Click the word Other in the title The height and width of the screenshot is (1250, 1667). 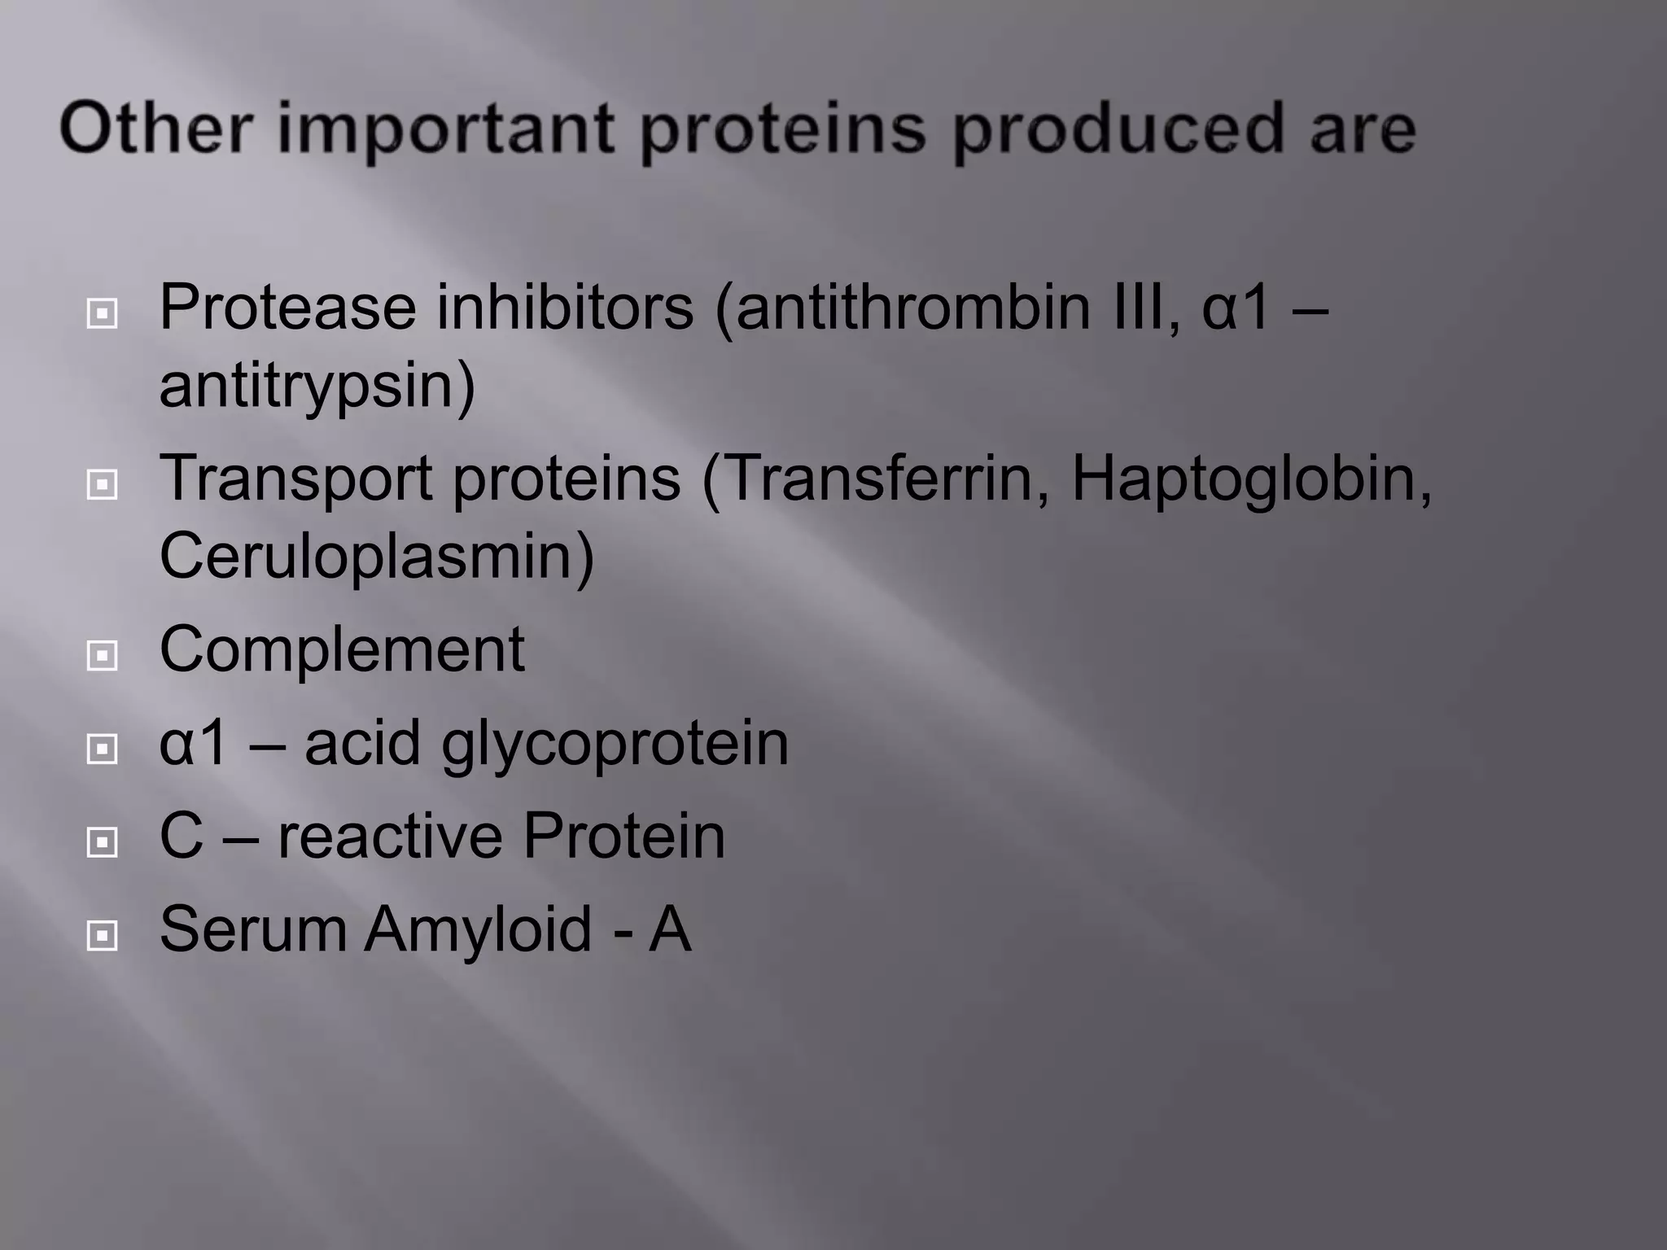pyautogui.click(x=155, y=128)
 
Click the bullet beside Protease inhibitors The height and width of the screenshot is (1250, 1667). pyautogui.click(x=102, y=312)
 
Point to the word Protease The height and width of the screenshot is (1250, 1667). pyautogui.click(x=287, y=307)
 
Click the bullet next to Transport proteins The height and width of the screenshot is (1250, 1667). pyautogui.click(x=102, y=485)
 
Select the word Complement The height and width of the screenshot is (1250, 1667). pyautogui.click(x=342, y=649)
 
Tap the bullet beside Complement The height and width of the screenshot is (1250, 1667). pyautogui.click(x=102, y=655)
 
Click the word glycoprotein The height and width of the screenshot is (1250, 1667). pyautogui.click(x=615, y=745)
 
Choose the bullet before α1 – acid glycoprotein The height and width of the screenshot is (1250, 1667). pyautogui.click(x=102, y=749)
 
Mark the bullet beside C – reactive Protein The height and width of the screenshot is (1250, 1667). pyautogui.click(x=102, y=841)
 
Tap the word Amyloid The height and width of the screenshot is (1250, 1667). pyautogui.click(x=478, y=929)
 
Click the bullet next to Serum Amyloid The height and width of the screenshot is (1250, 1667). pyautogui.click(x=102, y=935)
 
